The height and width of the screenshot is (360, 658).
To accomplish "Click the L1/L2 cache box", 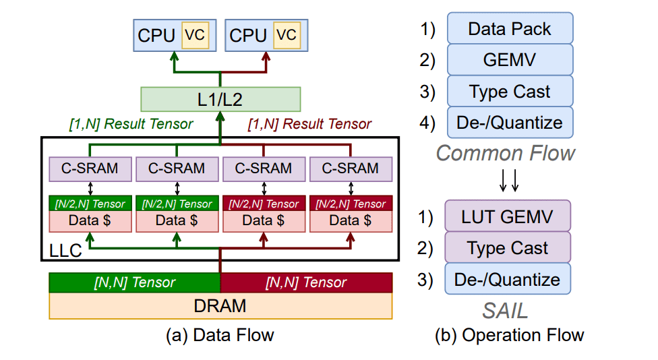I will click(x=220, y=100).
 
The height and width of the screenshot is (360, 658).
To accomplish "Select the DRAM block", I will click(x=220, y=306).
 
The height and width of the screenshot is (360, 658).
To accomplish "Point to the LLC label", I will click(x=65, y=251).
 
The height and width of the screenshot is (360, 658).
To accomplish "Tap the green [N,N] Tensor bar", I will click(x=134, y=282).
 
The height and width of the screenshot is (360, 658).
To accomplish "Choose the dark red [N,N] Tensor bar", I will click(x=306, y=282).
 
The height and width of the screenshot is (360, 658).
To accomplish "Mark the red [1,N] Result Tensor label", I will click(x=309, y=123).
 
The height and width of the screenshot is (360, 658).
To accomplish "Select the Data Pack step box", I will click(x=510, y=29).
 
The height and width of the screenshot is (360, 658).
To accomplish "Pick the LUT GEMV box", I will click(x=508, y=216).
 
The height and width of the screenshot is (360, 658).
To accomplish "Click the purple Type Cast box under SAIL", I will click(x=508, y=248).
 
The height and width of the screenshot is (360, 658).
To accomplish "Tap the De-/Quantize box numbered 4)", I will click(x=510, y=123).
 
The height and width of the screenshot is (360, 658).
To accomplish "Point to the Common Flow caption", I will click(x=506, y=153).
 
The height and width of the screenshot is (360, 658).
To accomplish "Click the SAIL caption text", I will click(x=506, y=310).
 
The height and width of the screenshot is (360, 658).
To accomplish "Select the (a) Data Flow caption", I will click(x=220, y=335).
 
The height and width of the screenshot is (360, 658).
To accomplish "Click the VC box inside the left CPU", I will click(x=193, y=35).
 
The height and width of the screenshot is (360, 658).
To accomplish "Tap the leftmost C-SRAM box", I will click(x=90, y=169).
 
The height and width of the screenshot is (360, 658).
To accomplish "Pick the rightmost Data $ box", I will click(x=349, y=220).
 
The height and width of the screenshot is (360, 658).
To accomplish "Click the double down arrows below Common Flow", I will click(x=508, y=180).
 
